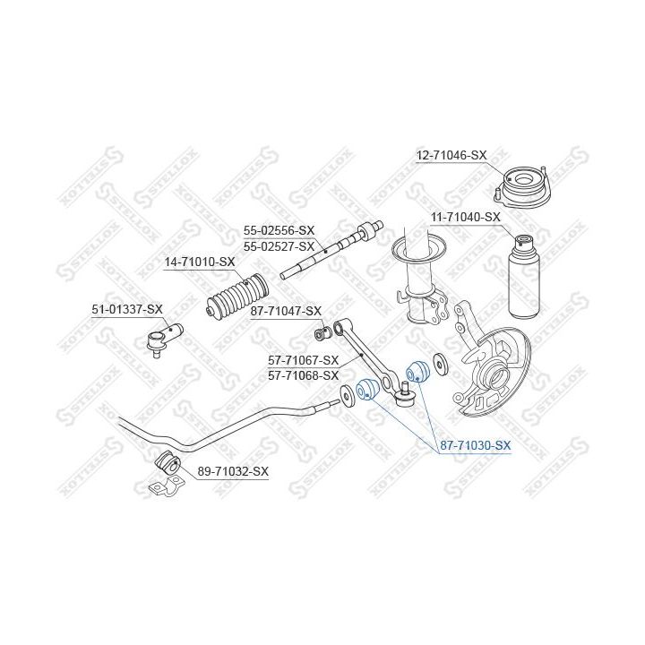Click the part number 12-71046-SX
[x=451, y=156]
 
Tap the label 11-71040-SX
[x=465, y=217]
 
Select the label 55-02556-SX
[x=279, y=230]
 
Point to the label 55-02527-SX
[x=279, y=246]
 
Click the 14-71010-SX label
[x=200, y=262]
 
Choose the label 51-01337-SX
[x=127, y=309]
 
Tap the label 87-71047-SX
[x=286, y=311]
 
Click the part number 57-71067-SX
[x=303, y=360]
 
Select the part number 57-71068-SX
[x=303, y=375]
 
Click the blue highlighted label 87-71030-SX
[x=475, y=445]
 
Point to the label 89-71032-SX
[x=233, y=471]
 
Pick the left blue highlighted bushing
[x=365, y=390]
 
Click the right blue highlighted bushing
[x=417, y=372]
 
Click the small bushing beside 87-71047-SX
[x=322, y=333]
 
